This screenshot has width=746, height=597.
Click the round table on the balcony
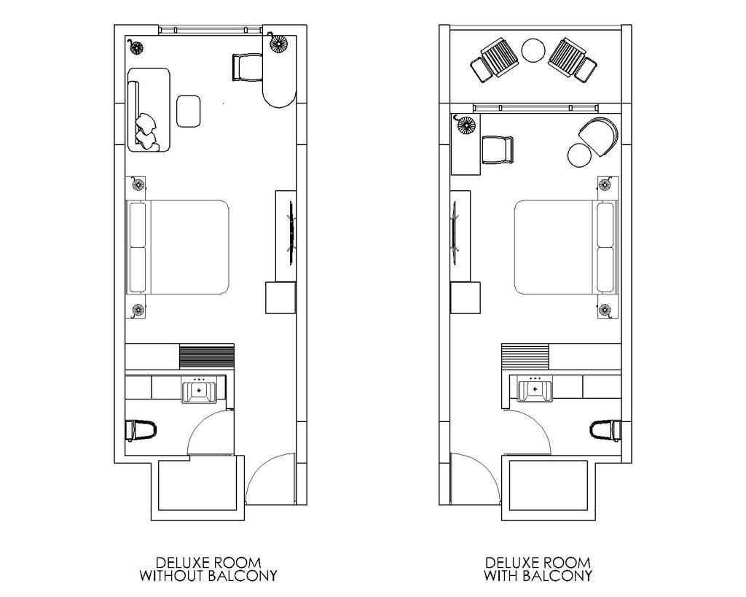tap(533, 50)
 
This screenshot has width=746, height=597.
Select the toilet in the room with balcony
tap(605, 430)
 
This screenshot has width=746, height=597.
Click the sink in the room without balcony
tap(199, 389)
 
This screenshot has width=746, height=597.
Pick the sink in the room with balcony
tap(535, 389)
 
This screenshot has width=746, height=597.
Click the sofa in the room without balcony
tap(149, 109)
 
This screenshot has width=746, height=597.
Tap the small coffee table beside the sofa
tap(189, 111)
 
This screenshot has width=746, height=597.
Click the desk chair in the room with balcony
tap(498, 149)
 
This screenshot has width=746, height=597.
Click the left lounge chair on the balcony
tap(495, 59)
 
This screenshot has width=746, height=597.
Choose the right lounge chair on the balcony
tap(573, 59)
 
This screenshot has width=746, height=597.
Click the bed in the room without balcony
tap(178, 246)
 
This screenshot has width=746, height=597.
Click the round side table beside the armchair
tap(580, 155)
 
